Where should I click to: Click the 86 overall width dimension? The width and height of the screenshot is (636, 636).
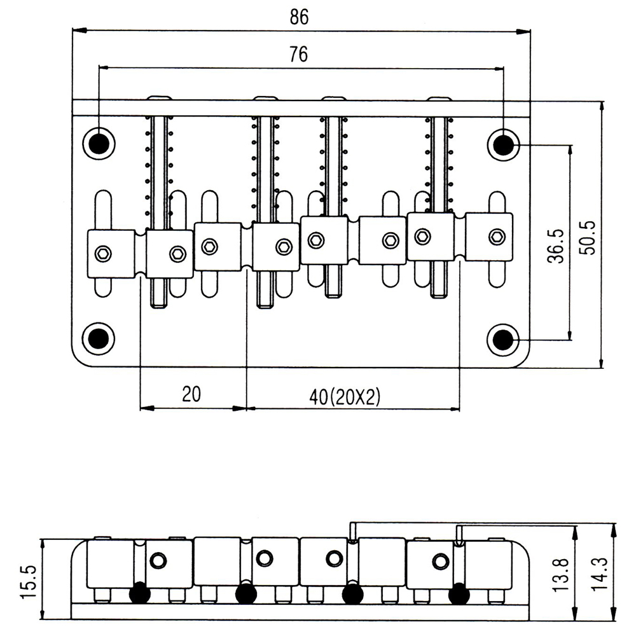pyautogui.click(x=298, y=17)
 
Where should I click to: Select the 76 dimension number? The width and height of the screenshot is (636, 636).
pyautogui.click(x=298, y=55)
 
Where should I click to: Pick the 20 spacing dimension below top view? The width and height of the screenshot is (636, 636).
pyautogui.click(x=191, y=394)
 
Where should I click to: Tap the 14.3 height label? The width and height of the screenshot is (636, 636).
pyautogui.click(x=598, y=575)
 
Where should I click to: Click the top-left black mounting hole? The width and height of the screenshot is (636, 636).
pyautogui.click(x=99, y=144)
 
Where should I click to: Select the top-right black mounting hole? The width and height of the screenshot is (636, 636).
pyautogui.click(x=502, y=145)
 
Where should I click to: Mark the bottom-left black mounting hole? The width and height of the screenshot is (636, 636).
pyautogui.click(x=99, y=338)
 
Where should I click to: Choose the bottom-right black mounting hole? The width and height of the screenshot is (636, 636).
pyautogui.click(x=503, y=338)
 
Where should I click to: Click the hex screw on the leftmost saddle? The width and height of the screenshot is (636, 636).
pyautogui.click(x=103, y=254)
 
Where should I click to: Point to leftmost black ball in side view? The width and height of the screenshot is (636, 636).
pyautogui.click(x=140, y=593)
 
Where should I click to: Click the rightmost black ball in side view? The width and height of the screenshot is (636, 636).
pyautogui.click(x=458, y=594)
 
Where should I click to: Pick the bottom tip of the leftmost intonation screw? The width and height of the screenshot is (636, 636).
pyautogui.click(x=160, y=304)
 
